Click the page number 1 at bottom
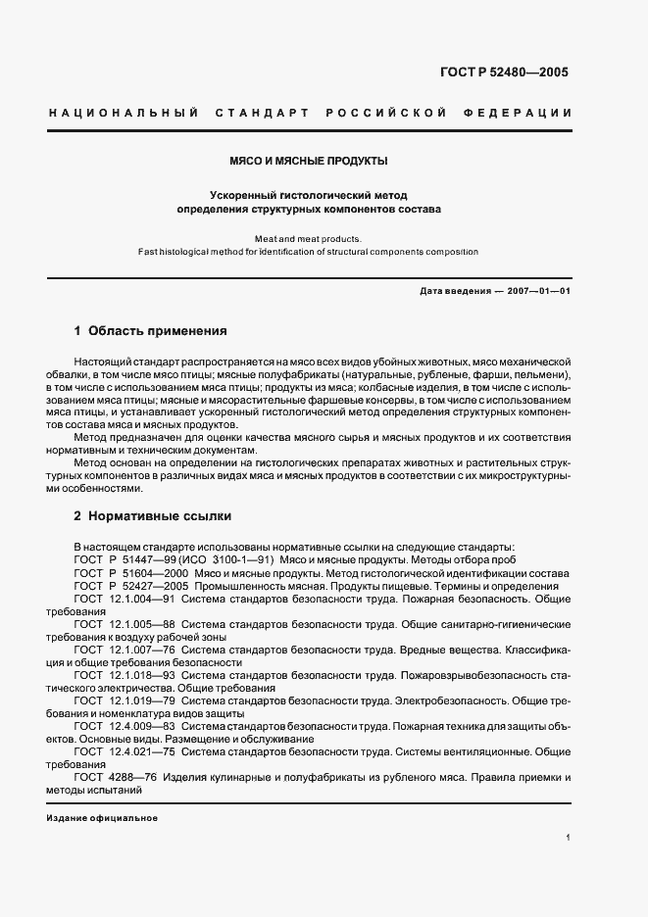point(568,837)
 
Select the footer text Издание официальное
point(102,817)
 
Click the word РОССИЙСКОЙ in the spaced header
point(388,113)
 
